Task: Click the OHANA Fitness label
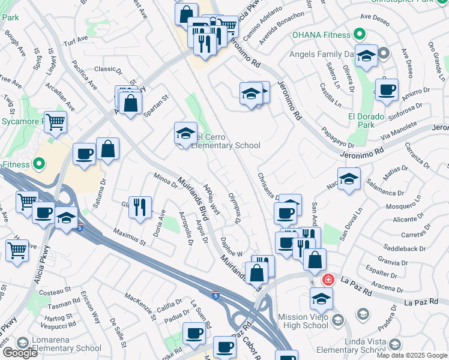pos(321,34)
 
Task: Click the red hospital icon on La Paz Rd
pos(328,280)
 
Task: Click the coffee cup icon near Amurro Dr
pos(387,91)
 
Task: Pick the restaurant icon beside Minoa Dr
pos(139,207)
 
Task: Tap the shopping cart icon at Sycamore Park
pos(55,122)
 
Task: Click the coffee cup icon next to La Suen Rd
pos(193,333)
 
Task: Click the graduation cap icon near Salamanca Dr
pos(349,178)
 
